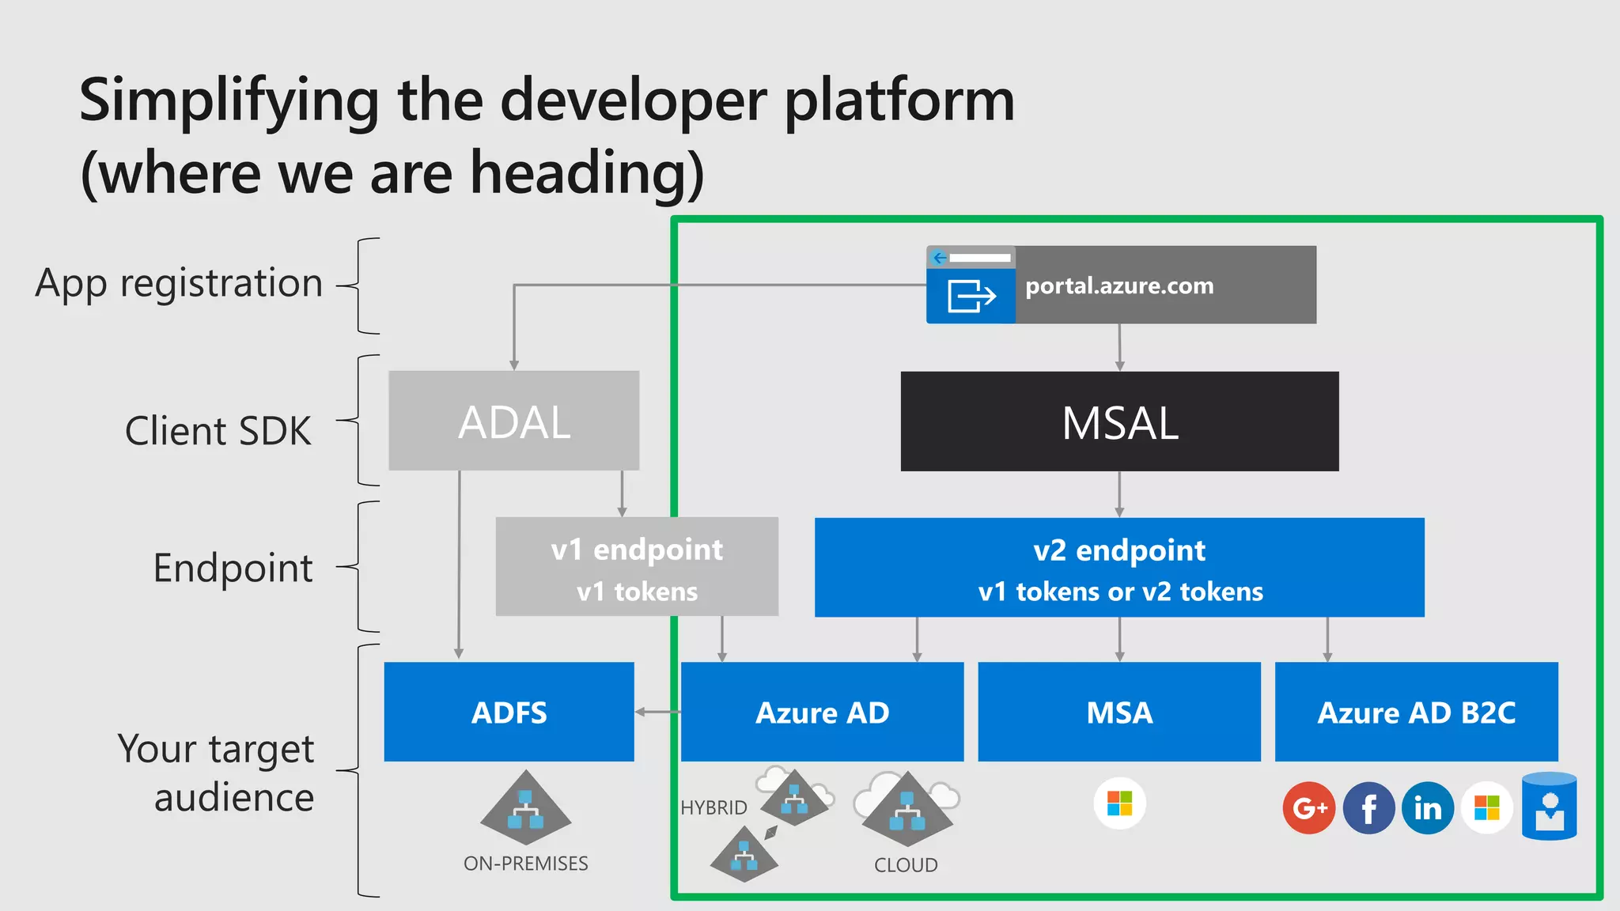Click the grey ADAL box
pos(513,421)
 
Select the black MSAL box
pos(1119,421)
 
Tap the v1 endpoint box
pos(637,567)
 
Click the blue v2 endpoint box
pos(1119,567)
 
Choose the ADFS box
pos(509,712)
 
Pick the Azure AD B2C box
pos(1416,712)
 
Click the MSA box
pos(1119,712)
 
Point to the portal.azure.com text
pos(1119,285)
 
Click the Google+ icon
pos(1309,807)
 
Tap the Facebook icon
pos(1368,807)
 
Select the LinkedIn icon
pos(1428,807)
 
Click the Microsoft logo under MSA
pos(1119,803)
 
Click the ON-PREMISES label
pos(526,864)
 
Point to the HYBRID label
pos(713,807)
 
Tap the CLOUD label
pos(906,865)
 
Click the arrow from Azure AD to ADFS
pos(657,712)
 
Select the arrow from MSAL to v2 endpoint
pos(1119,494)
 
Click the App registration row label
pos(180,283)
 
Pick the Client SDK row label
pos(218,431)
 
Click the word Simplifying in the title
pos(229,101)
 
